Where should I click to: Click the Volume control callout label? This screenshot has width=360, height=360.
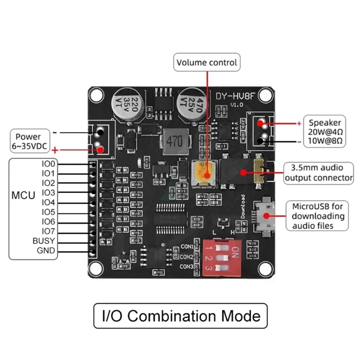click(x=207, y=63)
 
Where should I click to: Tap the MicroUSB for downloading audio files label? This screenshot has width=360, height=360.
click(x=319, y=216)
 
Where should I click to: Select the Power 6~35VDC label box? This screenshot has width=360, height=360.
click(x=28, y=141)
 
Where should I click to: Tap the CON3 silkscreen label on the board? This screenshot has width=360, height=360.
click(x=186, y=267)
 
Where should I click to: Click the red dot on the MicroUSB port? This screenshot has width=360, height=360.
click(x=267, y=215)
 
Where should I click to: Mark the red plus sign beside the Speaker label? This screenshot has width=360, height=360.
click(x=299, y=122)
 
